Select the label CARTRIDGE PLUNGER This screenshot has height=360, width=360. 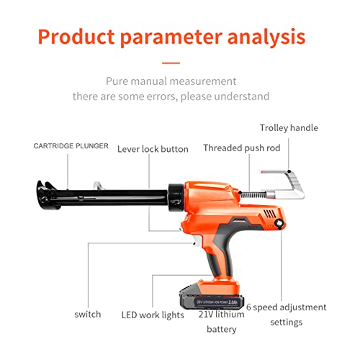tap(71, 146)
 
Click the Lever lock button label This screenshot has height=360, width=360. tap(153, 149)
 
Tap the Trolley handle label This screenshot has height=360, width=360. tap(289, 128)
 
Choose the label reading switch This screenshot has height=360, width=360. tap(88, 314)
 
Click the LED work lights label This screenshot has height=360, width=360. tap(152, 314)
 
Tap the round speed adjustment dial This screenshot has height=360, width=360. tap(278, 225)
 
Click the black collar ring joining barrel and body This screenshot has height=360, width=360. tap(175, 195)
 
